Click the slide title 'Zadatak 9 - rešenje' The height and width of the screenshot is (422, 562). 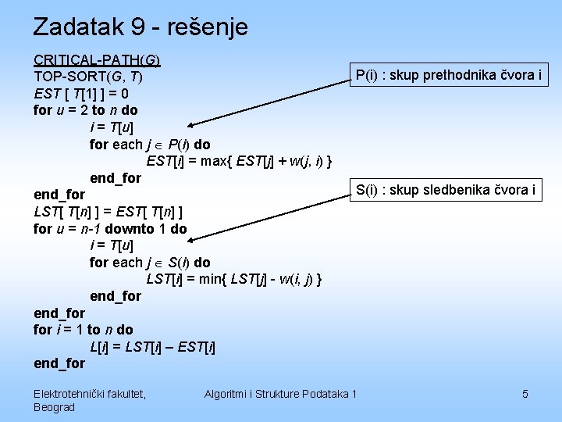(x=140, y=27)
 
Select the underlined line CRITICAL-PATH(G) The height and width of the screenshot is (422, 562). (x=97, y=60)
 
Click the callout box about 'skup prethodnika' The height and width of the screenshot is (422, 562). (x=449, y=75)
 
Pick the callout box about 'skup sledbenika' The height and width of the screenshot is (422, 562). (x=446, y=189)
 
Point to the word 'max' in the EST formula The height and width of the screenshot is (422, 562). (x=214, y=162)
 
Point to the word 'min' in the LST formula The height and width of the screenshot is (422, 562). (x=212, y=279)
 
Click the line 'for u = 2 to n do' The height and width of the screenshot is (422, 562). (x=86, y=110)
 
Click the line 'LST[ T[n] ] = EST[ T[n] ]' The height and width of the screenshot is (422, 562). (x=109, y=212)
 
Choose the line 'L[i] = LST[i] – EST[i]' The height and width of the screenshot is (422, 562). (x=153, y=346)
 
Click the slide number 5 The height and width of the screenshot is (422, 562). (x=525, y=394)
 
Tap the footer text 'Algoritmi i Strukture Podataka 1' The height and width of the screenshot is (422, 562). (x=280, y=394)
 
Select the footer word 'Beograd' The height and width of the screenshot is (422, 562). (x=55, y=407)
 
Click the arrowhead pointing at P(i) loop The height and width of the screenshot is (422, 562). (x=190, y=124)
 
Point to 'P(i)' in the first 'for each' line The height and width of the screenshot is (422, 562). (x=178, y=145)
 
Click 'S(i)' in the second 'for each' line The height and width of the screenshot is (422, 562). (x=179, y=263)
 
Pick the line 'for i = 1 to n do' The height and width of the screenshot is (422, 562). (x=84, y=330)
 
